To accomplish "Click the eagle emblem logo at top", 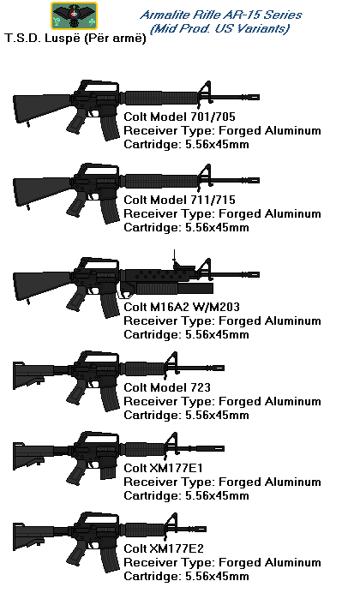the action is tap(74, 15).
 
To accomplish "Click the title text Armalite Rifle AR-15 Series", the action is tap(220, 15).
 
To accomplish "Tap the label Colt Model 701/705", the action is tap(179, 117).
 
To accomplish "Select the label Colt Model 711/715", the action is tap(179, 200).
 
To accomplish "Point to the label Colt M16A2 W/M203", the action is tap(182, 307).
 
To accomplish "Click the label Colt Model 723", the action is tap(167, 387).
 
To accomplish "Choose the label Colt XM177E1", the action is tap(163, 468).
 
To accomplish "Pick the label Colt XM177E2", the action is tap(164, 548).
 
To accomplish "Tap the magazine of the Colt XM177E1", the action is tap(108, 471).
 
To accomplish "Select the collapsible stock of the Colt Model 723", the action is tap(34, 375).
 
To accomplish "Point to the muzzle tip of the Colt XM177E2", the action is tap(205, 529).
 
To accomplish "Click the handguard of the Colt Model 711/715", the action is tap(162, 181).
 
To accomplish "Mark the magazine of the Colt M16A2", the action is tap(109, 304).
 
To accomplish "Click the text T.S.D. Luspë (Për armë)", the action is tap(75, 38).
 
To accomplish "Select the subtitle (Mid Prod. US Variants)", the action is tap(219, 29).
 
